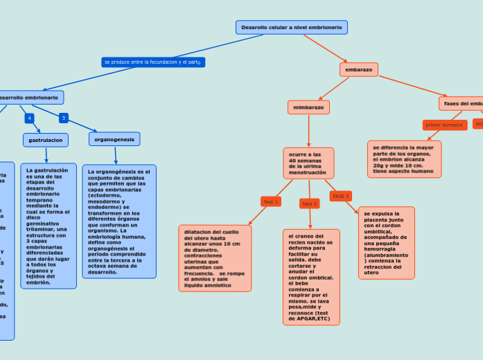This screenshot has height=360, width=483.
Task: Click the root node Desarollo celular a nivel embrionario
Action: [291, 27]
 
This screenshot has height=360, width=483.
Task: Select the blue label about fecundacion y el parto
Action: [152, 62]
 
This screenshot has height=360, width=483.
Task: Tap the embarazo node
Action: [358, 70]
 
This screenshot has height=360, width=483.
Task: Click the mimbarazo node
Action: [308, 107]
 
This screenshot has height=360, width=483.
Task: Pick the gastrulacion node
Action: [46, 140]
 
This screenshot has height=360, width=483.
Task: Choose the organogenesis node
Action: [114, 139]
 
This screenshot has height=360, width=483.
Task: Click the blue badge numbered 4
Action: [29, 118]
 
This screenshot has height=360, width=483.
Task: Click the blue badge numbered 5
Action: [64, 118]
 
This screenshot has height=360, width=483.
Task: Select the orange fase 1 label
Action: [270, 201]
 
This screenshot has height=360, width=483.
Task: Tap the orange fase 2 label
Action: [309, 204]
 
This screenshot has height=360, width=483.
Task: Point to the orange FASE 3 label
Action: [340, 196]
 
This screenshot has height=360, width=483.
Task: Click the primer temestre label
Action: [444, 125]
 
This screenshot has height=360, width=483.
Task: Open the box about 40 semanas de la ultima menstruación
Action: [308, 163]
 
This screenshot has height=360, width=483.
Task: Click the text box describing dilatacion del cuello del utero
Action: [215, 258]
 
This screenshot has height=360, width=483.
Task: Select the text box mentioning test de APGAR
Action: [311, 277]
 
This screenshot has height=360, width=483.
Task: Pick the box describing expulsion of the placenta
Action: [386, 242]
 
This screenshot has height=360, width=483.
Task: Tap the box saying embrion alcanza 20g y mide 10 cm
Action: [404, 159]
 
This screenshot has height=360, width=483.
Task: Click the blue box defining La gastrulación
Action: [49, 226]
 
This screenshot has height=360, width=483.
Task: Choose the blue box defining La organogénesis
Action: [119, 222]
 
